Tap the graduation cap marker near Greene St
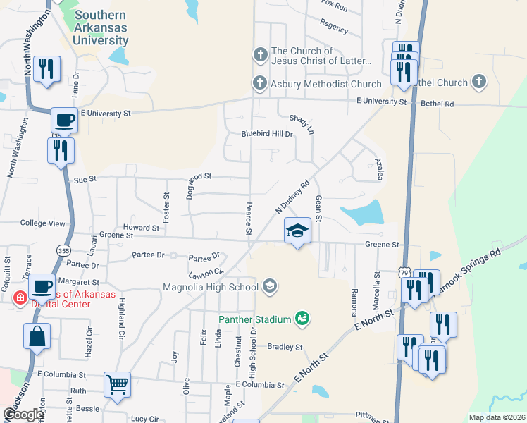[297, 231]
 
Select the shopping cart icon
[118, 384]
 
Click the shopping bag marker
[37, 336]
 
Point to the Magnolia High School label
[211, 287]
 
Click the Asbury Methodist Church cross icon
[260, 84]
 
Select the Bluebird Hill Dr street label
[266, 133]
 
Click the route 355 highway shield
[63, 249]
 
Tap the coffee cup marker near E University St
[64, 120]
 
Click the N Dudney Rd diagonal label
[292, 197]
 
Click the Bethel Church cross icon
[480, 82]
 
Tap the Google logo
[23, 415]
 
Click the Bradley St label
[285, 347]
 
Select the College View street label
[42, 223]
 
